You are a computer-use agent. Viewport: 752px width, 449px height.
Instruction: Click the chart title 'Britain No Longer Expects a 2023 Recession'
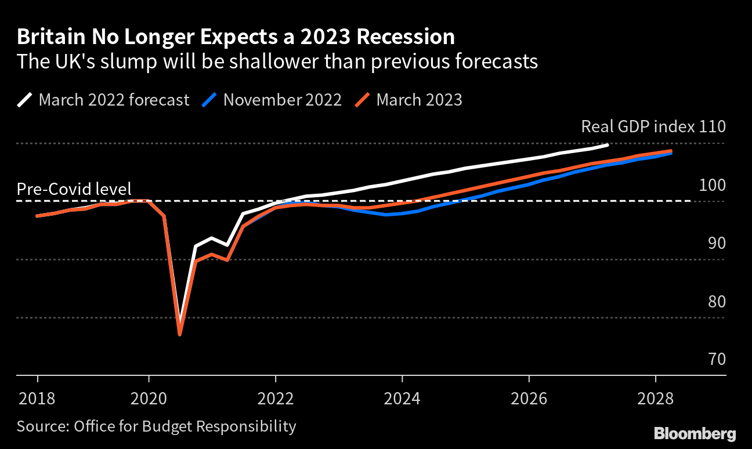[236, 37]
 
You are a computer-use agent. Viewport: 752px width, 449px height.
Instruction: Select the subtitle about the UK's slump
[277, 61]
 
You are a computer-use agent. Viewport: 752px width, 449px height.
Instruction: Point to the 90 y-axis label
[716, 243]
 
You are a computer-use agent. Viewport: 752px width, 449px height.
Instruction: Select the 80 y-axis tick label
[716, 302]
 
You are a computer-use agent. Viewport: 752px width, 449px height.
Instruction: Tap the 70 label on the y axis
[716, 360]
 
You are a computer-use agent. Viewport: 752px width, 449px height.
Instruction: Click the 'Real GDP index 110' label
[653, 127]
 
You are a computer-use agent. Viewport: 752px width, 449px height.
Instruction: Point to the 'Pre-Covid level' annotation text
[74, 189]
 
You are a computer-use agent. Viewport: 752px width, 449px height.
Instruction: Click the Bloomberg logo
[695, 433]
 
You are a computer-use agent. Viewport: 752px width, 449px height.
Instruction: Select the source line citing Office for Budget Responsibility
[156, 426]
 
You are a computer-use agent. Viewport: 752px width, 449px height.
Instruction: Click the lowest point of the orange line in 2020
[180, 334]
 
